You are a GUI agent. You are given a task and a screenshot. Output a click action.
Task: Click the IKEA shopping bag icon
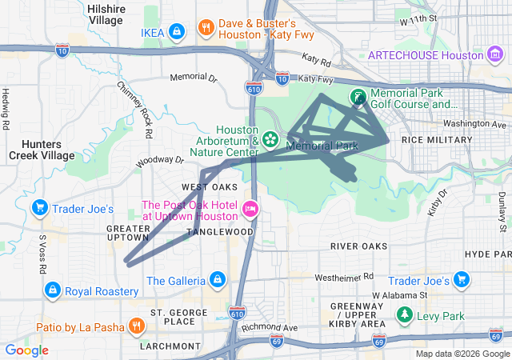click(177, 31)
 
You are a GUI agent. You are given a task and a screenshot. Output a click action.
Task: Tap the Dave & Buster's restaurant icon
click(206, 27)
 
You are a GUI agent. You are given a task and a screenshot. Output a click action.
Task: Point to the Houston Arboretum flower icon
click(270, 140)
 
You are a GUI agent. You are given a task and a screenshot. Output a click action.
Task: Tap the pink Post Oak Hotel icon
click(250, 209)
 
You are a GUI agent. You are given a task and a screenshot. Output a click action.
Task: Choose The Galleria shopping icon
click(215, 279)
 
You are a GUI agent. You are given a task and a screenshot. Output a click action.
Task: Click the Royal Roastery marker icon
click(52, 289)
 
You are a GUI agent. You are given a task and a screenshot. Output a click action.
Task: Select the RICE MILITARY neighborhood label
click(437, 140)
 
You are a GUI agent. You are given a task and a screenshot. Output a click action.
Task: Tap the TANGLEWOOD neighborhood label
click(220, 231)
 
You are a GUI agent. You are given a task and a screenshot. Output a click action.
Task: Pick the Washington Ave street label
click(476, 125)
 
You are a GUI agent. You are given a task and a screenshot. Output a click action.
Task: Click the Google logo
click(26, 350)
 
